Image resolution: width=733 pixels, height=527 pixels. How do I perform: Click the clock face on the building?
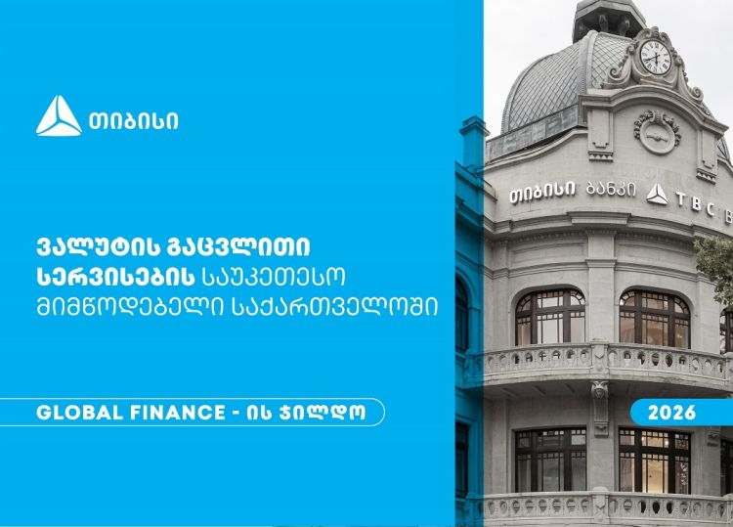[655, 57]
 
